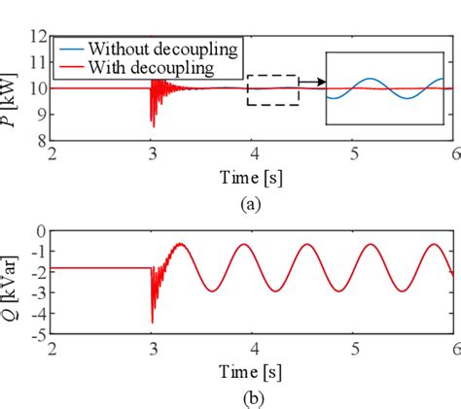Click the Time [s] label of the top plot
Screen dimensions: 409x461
(253, 180)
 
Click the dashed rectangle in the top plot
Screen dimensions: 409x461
(272, 89)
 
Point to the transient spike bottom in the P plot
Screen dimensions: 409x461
(152, 126)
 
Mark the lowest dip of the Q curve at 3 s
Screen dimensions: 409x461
(152, 323)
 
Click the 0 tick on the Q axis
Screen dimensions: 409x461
(41, 231)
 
